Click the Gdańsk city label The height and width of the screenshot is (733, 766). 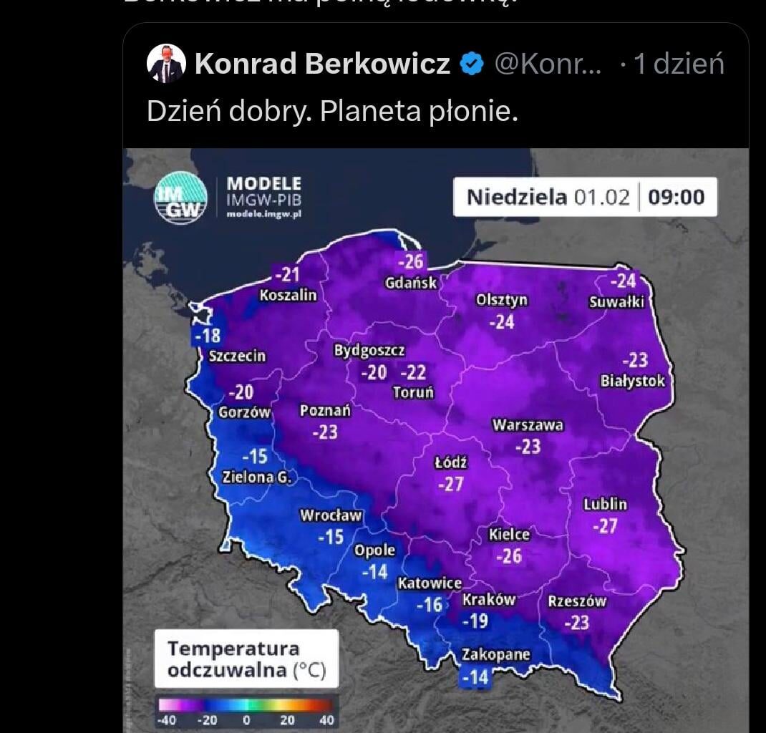click(410, 283)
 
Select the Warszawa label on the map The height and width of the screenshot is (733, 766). click(528, 425)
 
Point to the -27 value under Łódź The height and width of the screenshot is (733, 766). click(450, 485)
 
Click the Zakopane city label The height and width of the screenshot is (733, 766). click(495, 654)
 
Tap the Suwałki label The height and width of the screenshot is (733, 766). click(616, 302)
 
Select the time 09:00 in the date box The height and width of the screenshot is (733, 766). click(676, 197)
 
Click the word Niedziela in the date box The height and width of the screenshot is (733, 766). click(516, 197)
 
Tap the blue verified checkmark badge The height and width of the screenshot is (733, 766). click(471, 65)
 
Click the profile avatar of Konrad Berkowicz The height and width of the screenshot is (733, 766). click(166, 64)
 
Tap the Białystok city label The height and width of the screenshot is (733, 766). click(632, 381)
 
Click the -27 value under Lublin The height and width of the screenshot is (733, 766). click(605, 526)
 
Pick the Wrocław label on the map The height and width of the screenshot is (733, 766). click(331, 515)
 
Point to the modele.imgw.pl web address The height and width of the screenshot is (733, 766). click(263, 213)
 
